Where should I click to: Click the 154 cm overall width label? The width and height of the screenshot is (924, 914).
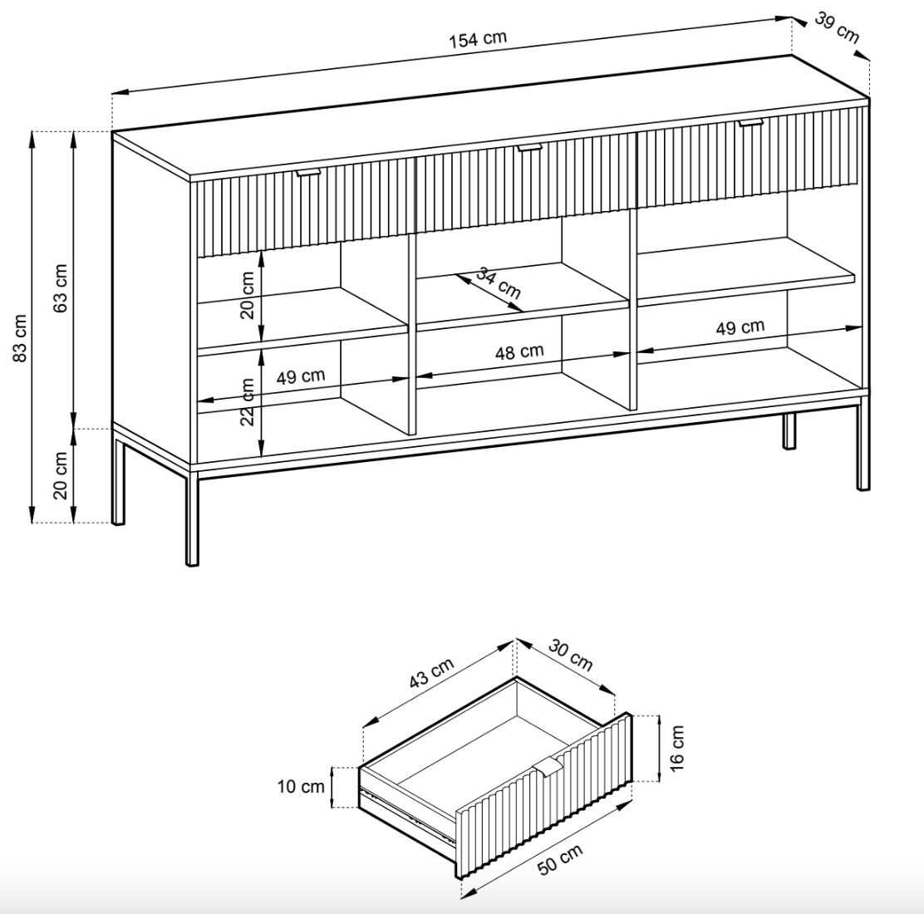(x=478, y=40)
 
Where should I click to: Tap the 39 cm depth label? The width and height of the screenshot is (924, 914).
(x=836, y=28)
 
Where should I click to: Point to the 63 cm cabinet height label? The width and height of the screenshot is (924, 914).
(x=61, y=287)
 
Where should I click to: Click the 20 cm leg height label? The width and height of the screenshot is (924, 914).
(x=61, y=475)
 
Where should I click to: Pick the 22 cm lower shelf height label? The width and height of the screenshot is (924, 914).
(x=248, y=401)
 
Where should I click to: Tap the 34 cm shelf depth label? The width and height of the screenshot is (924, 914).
(x=499, y=283)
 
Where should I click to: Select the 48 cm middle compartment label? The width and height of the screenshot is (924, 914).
(x=519, y=351)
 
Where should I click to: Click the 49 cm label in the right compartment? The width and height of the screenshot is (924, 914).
(x=740, y=327)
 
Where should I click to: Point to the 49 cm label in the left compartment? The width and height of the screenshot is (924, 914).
(x=301, y=376)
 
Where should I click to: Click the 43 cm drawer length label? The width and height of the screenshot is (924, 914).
(x=432, y=674)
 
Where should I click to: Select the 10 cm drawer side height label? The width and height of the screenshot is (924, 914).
(x=301, y=786)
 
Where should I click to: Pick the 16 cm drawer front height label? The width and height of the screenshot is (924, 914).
(x=676, y=745)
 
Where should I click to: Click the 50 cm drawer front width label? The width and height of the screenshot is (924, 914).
(x=560, y=858)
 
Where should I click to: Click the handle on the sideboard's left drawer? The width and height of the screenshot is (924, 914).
(x=308, y=172)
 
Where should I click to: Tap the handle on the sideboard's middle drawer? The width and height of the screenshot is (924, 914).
(x=528, y=148)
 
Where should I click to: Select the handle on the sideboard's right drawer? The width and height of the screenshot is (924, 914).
(x=750, y=123)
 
